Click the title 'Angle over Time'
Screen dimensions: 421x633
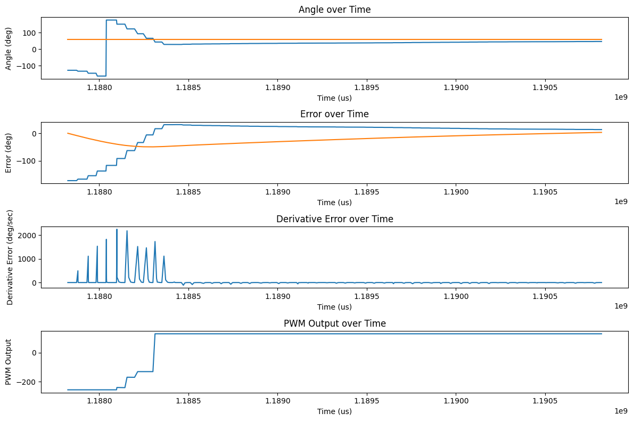pyautogui.click(x=334, y=10)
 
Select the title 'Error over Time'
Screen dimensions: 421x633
pyautogui.click(x=334, y=114)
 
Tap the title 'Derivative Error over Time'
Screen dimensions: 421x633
pyautogui.click(x=334, y=219)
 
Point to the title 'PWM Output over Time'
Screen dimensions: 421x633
pyautogui.click(x=334, y=323)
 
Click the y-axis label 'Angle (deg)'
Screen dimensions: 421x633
pyautogui.click(x=9, y=48)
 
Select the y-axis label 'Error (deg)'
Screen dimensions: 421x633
pyautogui.click(x=9, y=152)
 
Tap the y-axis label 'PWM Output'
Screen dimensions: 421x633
pyautogui.click(x=9, y=362)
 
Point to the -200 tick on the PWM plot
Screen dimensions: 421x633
pyautogui.click(x=27, y=382)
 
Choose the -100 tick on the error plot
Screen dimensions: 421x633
pyautogui.click(x=27, y=161)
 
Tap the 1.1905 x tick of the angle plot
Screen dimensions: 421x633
pyautogui.click(x=545, y=87)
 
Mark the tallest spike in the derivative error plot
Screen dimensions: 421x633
pyautogui.click(x=117, y=230)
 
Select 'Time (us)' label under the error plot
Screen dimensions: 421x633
pyautogui.click(x=334, y=203)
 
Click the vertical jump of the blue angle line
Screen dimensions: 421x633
pyautogui.click(x=106, y=48)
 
